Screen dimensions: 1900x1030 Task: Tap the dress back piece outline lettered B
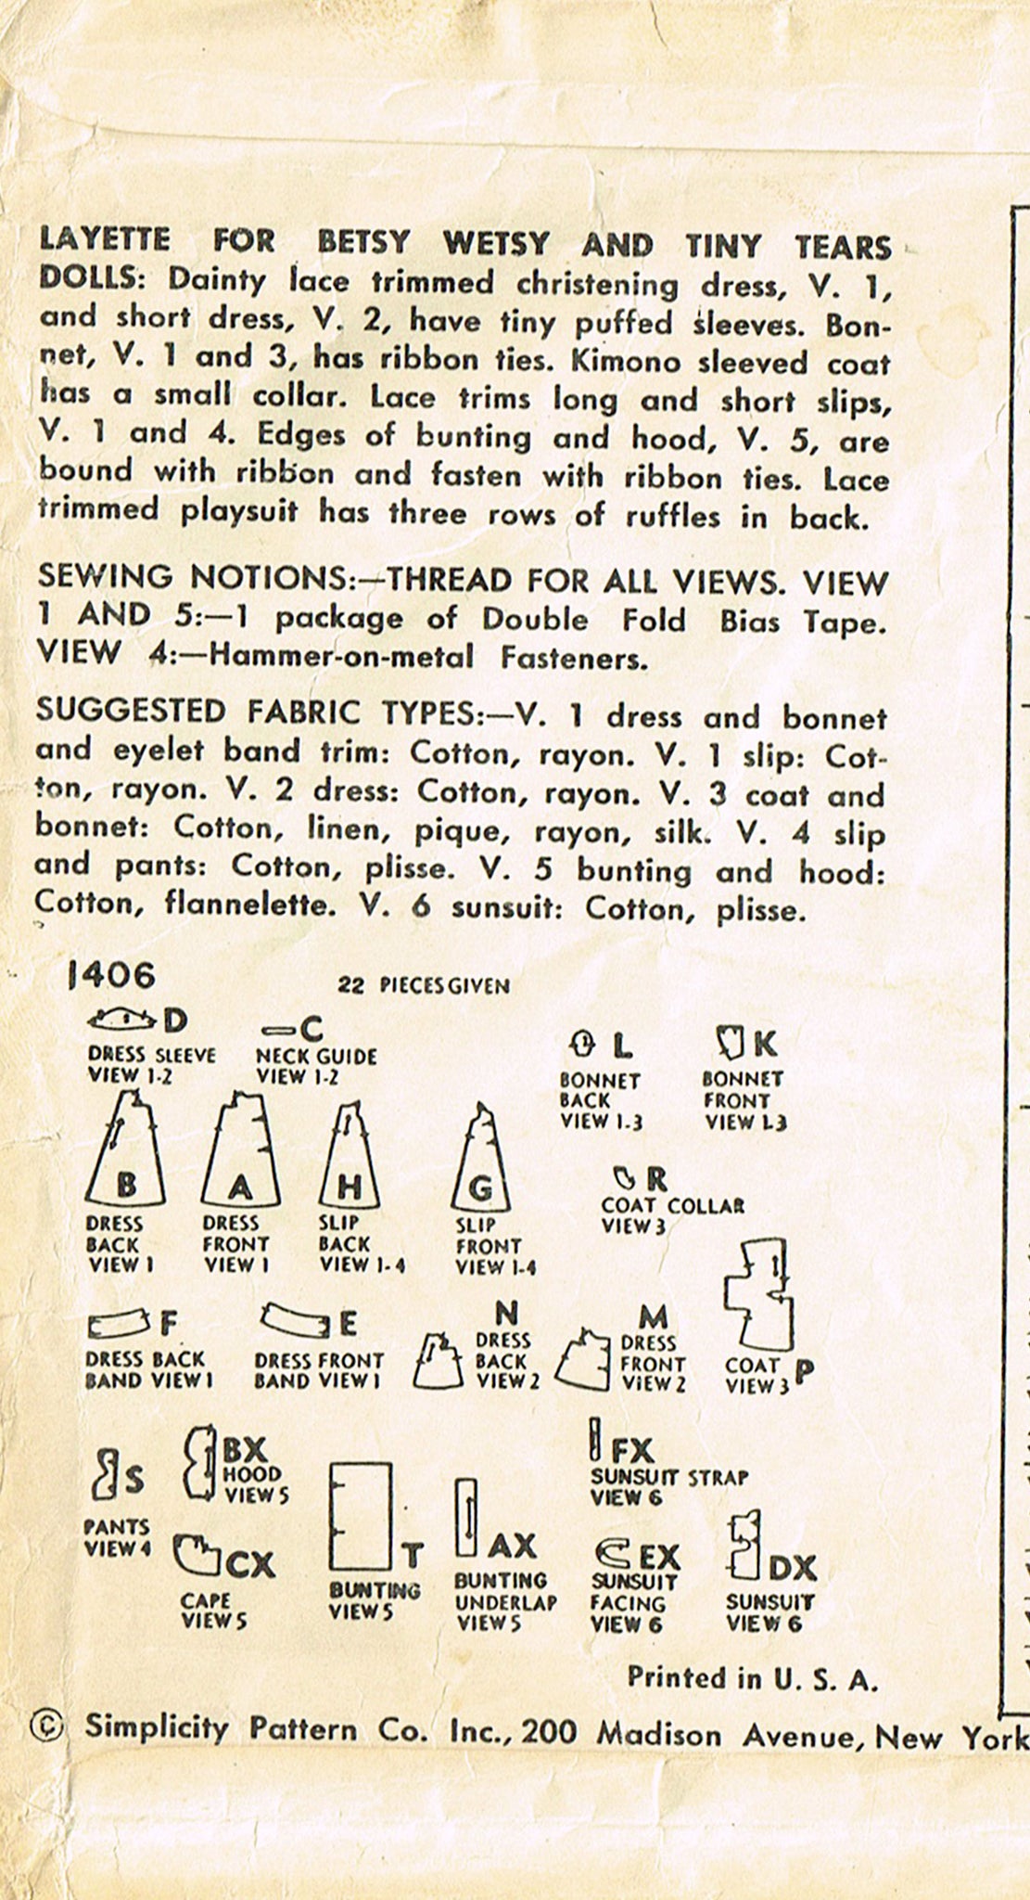coord(126,1151)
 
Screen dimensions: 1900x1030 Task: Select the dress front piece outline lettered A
coord(240,1156)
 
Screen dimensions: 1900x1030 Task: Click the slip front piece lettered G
coord(481,1161)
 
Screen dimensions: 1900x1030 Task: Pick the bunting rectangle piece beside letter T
coord(360,1518)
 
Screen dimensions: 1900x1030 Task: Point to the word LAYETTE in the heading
coord(105,240)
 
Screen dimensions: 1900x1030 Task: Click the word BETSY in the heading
coord(363,243)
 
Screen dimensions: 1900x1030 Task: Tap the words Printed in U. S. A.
coord(752,1677)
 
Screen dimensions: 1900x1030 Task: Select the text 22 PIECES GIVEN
coord(424,985)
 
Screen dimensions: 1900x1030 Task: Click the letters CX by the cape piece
coord(250,1566)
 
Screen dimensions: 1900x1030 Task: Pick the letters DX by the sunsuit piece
coord(792,1568)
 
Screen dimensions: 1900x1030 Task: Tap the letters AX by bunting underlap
coord(512,1546)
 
